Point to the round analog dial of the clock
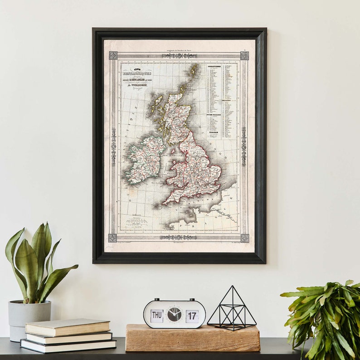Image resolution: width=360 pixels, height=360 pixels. click(x=174, y=314)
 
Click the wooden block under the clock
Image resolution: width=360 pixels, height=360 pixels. click(x=192, y=338)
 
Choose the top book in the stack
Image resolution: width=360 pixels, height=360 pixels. click(x=68, y=327)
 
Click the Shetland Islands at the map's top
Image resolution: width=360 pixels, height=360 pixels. click(x=194, y=70)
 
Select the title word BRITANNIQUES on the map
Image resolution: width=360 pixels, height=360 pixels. click(x=136, y=73)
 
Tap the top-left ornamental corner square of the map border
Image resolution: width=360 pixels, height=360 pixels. click(x=113, y=55)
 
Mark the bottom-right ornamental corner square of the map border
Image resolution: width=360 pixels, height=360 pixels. click(x=244, y=238)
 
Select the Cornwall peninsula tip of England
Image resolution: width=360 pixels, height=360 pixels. click(x=165, y=202)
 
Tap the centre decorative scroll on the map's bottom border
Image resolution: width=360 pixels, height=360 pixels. click(x=178, y=237)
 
